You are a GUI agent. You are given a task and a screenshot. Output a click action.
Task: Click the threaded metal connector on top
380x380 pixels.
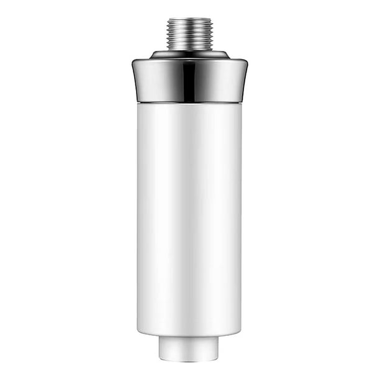click(189, 34)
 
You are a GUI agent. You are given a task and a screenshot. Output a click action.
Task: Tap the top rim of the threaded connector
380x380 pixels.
click(189, 19)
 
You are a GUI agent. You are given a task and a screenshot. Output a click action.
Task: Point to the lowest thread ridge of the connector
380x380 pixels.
click(189, 48)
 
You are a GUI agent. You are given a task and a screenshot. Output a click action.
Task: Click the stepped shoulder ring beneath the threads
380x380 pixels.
click(189, 55)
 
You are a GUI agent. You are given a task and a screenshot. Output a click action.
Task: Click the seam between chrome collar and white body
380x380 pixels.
click(189, 102)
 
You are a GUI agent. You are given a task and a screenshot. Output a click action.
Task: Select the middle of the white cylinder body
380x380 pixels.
click(189, 217)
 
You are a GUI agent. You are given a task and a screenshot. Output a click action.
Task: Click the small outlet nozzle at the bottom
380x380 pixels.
click(189, 348)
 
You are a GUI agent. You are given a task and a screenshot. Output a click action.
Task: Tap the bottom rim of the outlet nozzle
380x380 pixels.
click(189, 360)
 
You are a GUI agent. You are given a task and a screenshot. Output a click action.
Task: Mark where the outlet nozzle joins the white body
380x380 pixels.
click(189, 337)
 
